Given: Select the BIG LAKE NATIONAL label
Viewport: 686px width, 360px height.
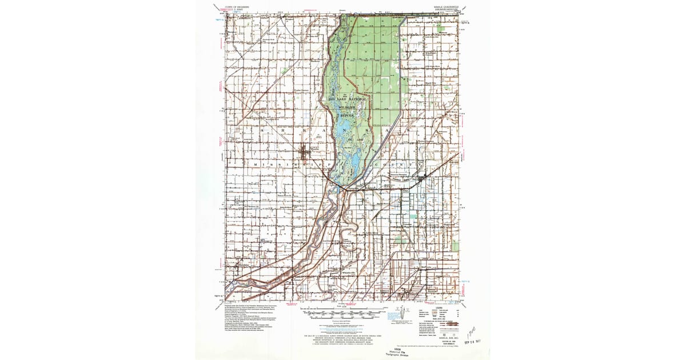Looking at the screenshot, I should coord(350,99).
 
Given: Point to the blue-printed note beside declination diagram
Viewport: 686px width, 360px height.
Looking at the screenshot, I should coord(393,315).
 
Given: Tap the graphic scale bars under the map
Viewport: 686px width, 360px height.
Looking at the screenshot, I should coord(341,314).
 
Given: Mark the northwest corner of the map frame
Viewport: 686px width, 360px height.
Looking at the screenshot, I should coord(227,14).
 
